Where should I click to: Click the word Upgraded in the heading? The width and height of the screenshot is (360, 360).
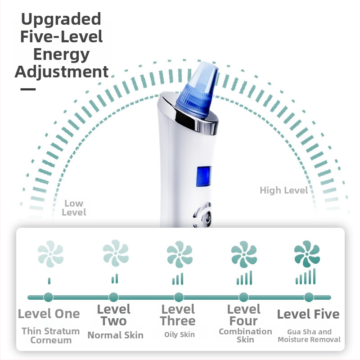[x=61, y=20]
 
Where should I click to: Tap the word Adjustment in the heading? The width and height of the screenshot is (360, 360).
[x=62, y=72]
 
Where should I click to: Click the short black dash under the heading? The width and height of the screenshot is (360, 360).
[x=28, y=89]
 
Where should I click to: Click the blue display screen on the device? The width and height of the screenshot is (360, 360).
[x=203, y=176]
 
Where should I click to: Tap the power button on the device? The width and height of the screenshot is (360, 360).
[x=207, y=218]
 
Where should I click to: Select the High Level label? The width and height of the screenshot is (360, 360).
[x=284, y=190]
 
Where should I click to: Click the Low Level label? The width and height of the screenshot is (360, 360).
[x=74, y=208]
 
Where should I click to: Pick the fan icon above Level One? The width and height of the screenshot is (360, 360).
[x=50, y=254]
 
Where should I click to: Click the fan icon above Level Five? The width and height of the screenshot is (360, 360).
[x=307, y=254]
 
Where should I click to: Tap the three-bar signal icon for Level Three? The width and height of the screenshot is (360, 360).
[x=178, y=279]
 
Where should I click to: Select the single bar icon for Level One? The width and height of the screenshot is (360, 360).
[x=49, y=281]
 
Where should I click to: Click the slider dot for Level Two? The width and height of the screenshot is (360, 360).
[x=113, y=297]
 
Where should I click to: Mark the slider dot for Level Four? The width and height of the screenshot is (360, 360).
[x=243, y=297]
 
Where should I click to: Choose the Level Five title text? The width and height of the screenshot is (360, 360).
[x=308, y=314]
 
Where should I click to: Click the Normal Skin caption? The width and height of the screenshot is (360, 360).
[x=116, y=335]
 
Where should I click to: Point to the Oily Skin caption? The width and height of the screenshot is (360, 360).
[x=180, y=334]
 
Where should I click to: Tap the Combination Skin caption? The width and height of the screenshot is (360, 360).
[x=245, y=335]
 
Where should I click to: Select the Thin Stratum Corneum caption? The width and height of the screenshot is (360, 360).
[x=51, y=336]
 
